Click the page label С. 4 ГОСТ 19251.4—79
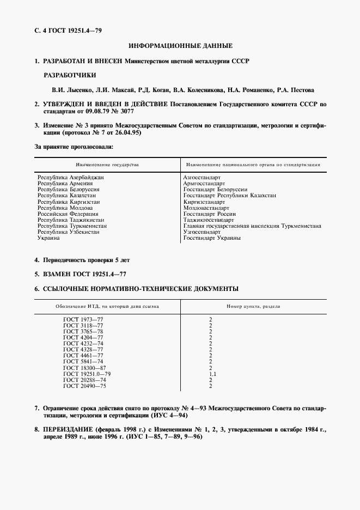[68, 30]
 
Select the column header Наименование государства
[107, 164]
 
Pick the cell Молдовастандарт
[206, 208]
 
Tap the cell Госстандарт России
[210, 214]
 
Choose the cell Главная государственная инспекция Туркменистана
[252, 226]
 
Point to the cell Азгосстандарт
[202, 177]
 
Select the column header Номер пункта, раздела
[253, 306]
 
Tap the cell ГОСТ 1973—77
[83, 319]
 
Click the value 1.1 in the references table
[212, 374]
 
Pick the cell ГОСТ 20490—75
[84, 386]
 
